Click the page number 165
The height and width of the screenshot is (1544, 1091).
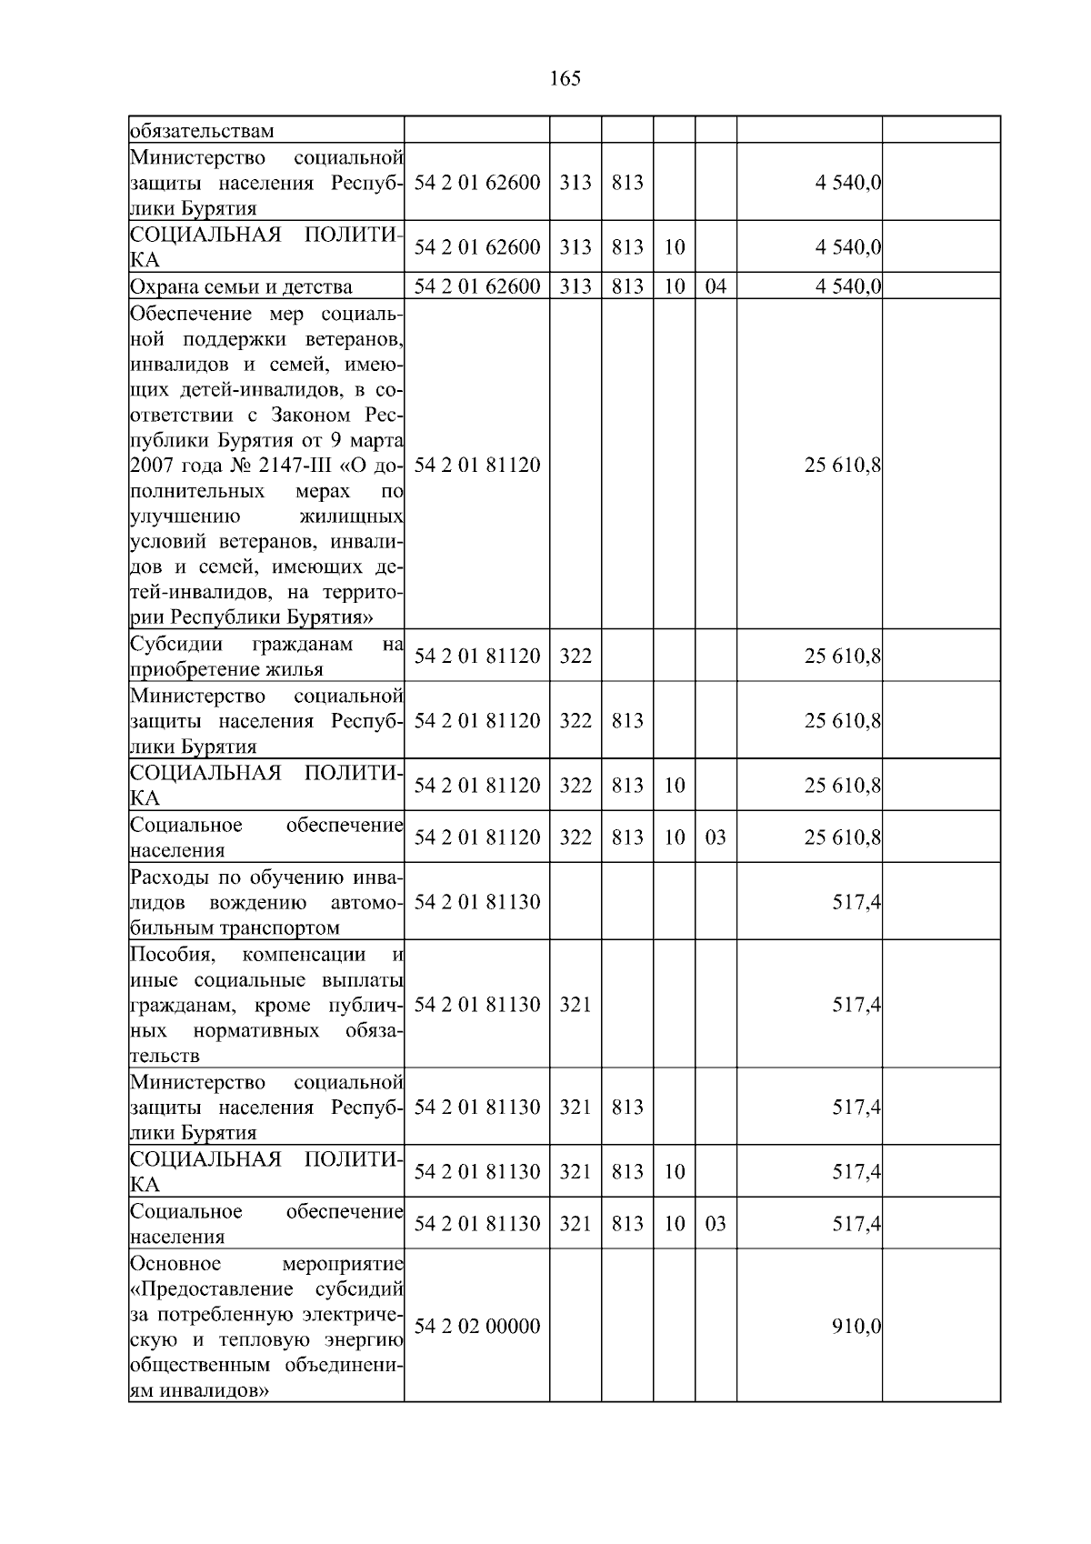pos(565,79)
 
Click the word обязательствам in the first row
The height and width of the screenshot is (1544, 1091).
pos(201,131)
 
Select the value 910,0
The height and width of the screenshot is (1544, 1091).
pos(856,1327)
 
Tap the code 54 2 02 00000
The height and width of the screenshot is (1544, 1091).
pos(477,1327)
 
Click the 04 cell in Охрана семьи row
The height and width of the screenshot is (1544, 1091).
pos(716,287)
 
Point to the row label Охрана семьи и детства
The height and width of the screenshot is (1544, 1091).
pos(241,287)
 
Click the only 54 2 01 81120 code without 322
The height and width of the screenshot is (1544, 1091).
pos(477,466)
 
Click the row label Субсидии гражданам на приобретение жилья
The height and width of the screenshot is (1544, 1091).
pos(266,657)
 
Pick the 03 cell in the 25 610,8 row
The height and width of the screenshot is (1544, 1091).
pos(716,837)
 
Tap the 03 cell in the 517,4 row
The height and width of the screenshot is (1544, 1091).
pos(716,1224)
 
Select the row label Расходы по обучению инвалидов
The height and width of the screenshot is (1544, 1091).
pos(266,903)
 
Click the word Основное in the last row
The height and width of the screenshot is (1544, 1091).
pos(175,1264)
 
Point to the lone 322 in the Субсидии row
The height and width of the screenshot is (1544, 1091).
pos(575,657)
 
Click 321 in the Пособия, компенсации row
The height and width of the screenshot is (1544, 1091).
pos(575,1006)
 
